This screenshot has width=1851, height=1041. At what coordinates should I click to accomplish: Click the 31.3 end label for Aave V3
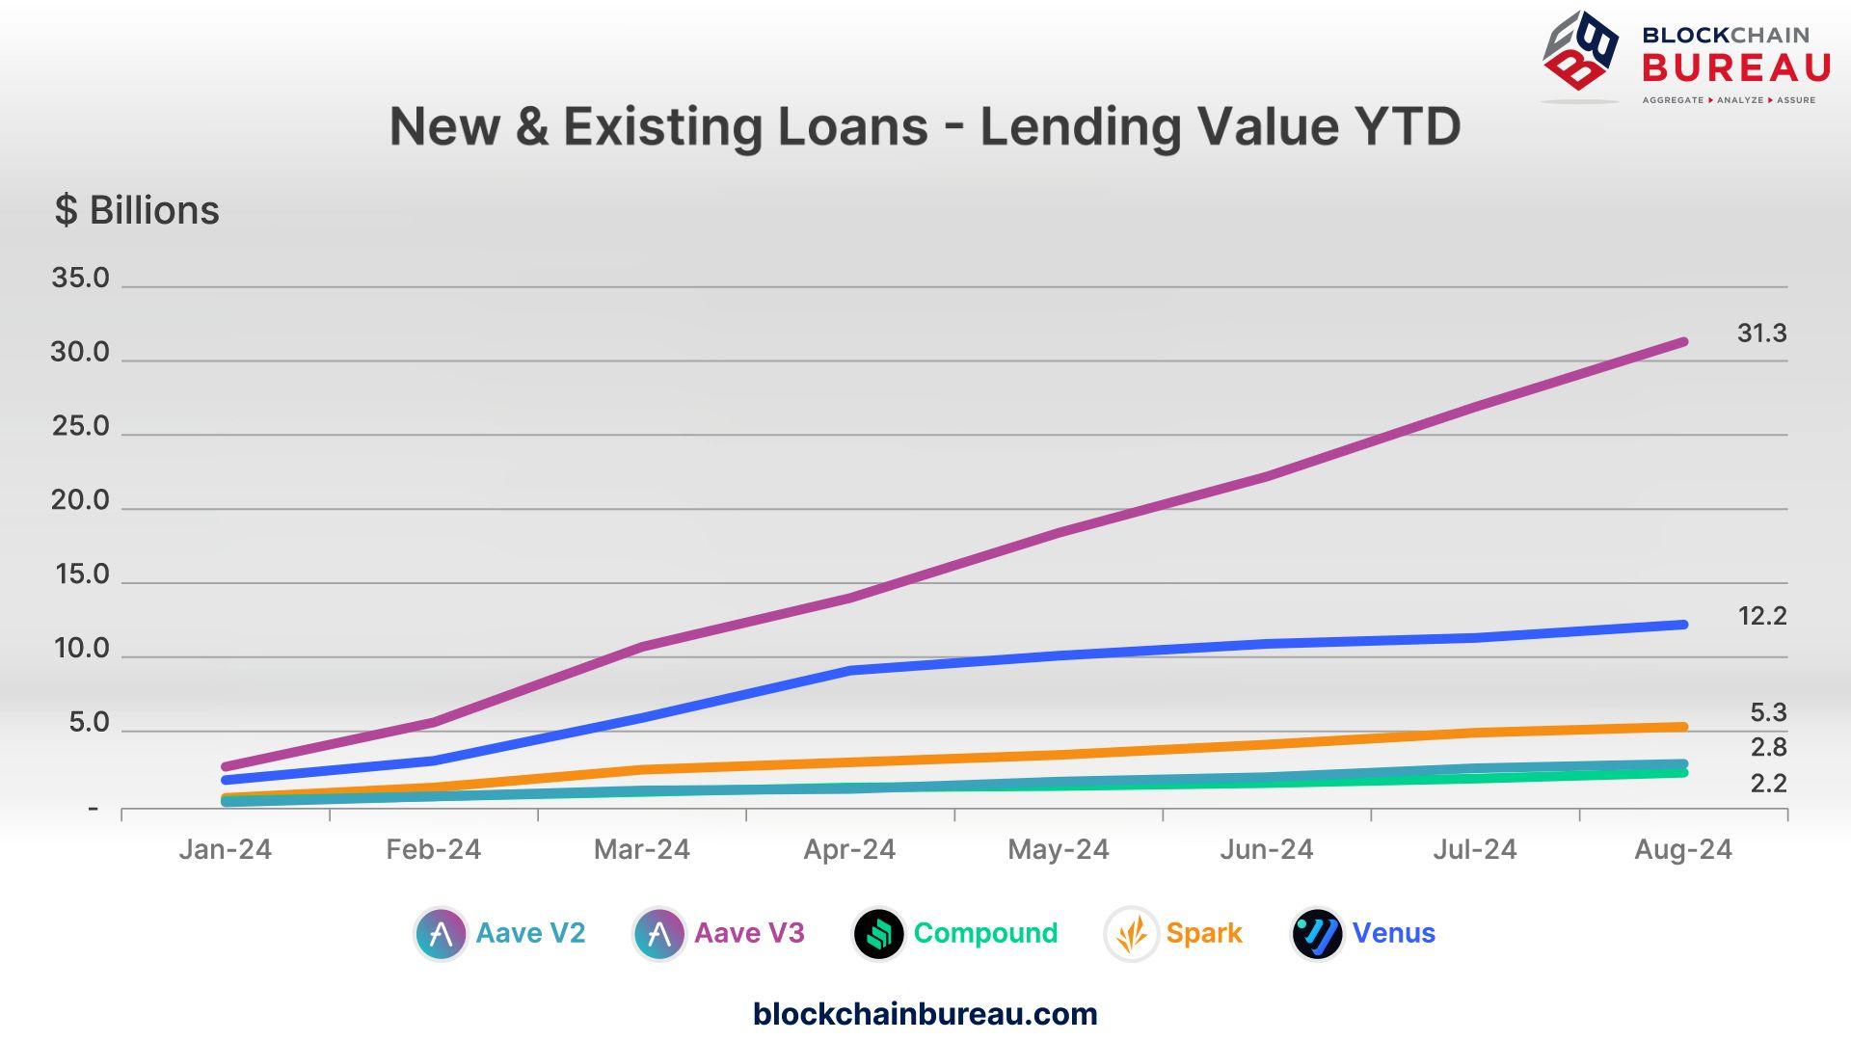pyautogui.click(x=1761, y=334)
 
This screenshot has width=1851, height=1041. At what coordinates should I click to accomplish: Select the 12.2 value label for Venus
pyautogui.click(x=1761, y=616)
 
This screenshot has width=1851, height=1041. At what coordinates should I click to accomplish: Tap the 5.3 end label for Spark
pyautogui.click(x=1768, y=713)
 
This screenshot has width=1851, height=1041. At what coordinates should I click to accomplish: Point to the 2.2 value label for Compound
pyautogui.click(x=1768, y=784)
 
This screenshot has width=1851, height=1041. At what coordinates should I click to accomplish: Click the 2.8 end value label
pyautogui.click(x=1768, y=747)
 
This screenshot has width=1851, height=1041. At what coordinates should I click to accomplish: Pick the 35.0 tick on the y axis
pyautogui.click(x=81, y=279)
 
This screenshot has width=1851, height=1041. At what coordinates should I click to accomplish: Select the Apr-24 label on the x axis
pyautogui.click(x=849, y=849)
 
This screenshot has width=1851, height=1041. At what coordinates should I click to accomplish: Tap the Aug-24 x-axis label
pyautogui.click(x=1682, y=849)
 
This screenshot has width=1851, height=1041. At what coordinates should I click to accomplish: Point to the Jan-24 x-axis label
pyautogui.click(x=225, y=849)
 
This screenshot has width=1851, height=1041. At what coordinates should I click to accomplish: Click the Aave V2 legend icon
pyautogui.click(x=441, y=934)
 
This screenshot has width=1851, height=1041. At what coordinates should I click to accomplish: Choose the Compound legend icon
pyautogui.click(x=878, y=934)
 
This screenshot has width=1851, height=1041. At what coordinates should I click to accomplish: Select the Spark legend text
pyautogui.click(x=1204, y=933)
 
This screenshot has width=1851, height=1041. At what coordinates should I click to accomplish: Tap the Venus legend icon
pyautogui.click(x=1317, y=934)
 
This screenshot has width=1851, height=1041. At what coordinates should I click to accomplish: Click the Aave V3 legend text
pyautogui.click(x=749, y=933)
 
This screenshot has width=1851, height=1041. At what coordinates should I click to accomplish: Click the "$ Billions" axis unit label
pyautogui.click(x=137, y=210)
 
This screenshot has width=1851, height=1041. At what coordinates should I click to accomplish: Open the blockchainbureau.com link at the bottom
pyautogui.click(x=925, y=1014)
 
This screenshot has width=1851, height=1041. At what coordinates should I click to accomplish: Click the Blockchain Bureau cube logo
pyautogui.click(x=1581, y=53)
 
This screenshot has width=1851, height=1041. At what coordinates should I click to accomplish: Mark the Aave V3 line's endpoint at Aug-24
pyautogui.click(x=1682, y=342)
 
